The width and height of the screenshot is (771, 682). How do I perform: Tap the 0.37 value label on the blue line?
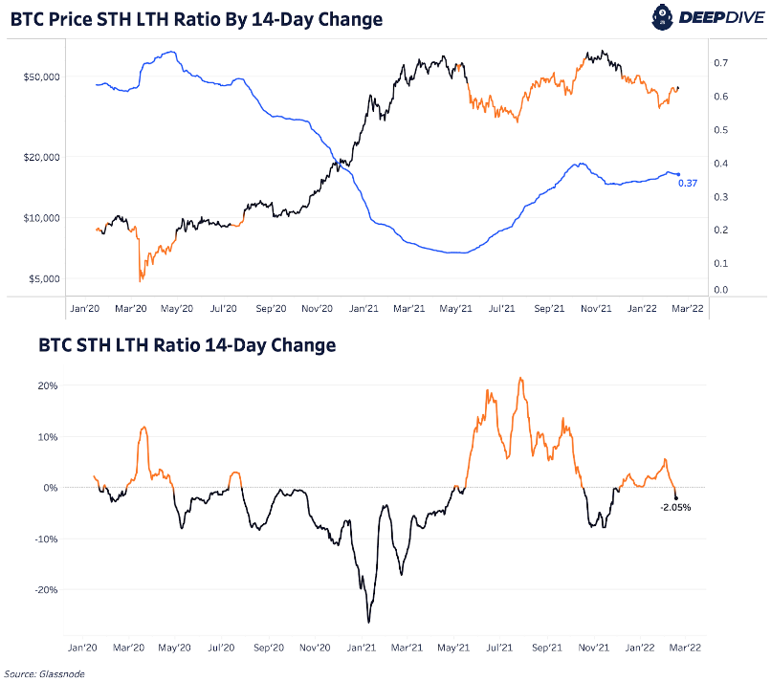tap(686, 183)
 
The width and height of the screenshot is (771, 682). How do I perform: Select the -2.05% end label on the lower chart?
tap(675, 507)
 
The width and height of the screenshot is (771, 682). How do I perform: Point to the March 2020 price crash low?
tap(141, 279)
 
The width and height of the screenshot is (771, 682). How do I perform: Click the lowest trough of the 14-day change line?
tap(368, 622)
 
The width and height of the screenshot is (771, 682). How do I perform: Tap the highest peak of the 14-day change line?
tap(520, 378)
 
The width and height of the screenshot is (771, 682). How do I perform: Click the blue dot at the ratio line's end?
tap(677, 173)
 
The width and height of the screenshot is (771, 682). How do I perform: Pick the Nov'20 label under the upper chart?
tap(316, 309)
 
